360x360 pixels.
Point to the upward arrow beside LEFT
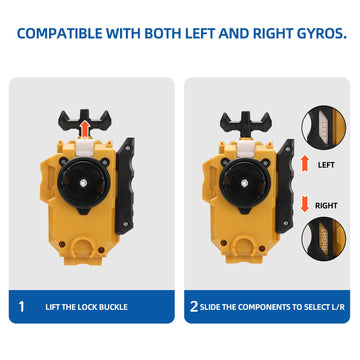305,160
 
